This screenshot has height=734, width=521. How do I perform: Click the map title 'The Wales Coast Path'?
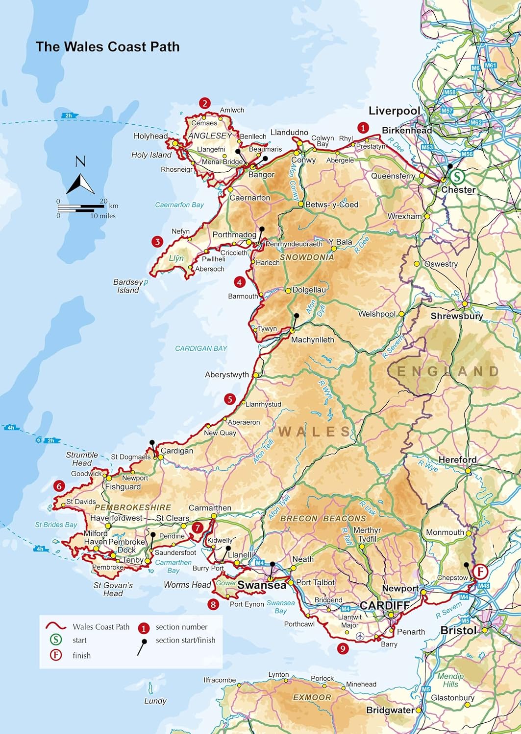click(107, 47)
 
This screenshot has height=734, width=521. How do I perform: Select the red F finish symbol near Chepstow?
click(481, 572)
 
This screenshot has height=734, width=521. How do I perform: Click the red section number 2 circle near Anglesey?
click(204, 103)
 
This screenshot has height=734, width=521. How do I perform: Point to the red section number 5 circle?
click(229, 399)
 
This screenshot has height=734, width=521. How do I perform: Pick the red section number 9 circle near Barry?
click(343, 649)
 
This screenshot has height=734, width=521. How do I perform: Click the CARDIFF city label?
click(384, 605)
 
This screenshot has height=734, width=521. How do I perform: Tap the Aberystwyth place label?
click(226, 375)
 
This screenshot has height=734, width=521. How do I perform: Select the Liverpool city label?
click(394, 111)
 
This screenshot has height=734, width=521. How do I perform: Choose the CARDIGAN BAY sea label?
click(201, 348)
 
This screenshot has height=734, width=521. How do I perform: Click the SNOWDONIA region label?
click(307, 257)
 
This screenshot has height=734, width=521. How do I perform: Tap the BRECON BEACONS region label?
click(323, 518)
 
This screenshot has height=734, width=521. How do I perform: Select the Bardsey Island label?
click(128, 286)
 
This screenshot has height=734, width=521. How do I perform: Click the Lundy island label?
click(155, 701)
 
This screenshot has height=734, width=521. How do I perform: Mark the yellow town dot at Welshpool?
click(401, 314)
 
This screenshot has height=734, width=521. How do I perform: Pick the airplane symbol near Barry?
click(361, 636)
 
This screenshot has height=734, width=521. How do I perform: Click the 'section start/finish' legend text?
click(185, 640)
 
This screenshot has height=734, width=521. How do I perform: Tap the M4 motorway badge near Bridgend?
click(345, 609)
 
